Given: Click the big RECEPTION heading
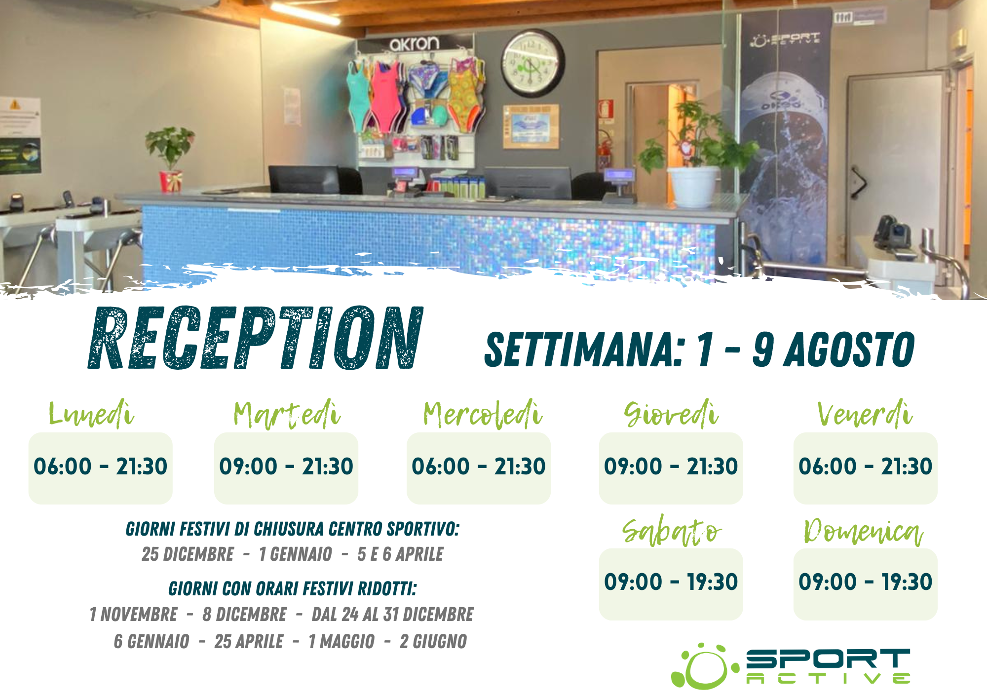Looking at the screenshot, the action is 256,338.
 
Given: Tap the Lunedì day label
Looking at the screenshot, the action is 91,414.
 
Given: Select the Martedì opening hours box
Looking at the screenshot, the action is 286,468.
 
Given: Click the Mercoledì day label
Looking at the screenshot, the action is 483,414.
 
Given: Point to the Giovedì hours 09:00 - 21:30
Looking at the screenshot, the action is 671,466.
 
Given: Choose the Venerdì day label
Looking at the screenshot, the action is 865,414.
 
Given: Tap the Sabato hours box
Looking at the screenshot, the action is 671,584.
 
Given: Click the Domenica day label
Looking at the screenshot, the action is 864,532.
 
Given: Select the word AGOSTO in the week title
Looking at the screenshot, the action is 850,349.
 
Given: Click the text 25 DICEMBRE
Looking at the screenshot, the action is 188,554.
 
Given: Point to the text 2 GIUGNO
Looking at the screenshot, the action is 433,642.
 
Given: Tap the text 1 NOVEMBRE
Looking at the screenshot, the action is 133,615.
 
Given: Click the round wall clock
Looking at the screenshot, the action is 533,63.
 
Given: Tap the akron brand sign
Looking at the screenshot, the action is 414,43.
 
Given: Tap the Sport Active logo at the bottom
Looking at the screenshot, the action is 791,666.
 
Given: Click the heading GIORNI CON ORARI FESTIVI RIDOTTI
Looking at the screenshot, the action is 293,589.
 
